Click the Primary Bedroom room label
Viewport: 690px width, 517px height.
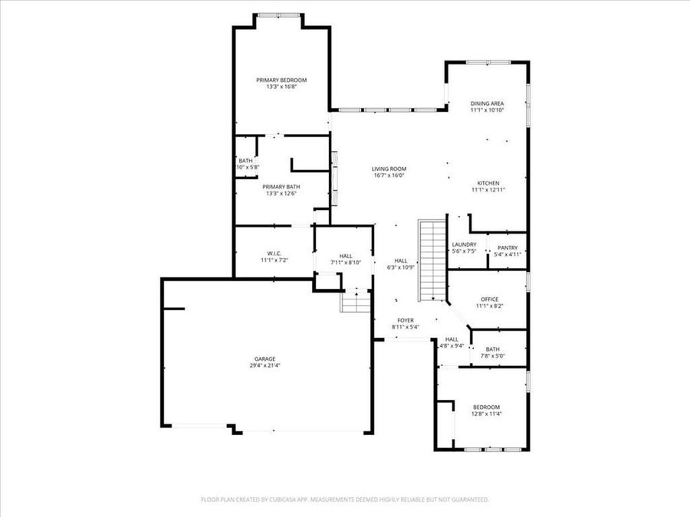281,80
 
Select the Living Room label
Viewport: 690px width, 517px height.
389,169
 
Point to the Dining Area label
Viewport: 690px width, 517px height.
487,103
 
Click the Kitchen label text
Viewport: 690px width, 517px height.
488,184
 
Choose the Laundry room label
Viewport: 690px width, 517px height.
464,245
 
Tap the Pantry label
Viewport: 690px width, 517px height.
508,247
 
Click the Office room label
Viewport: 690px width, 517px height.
488,299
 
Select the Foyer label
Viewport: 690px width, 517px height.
405,320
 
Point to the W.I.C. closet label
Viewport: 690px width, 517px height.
274,254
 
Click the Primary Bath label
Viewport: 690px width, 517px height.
281,187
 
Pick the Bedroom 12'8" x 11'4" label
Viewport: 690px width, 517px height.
486,407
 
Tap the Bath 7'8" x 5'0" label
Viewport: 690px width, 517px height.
491,349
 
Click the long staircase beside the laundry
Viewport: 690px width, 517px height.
431,260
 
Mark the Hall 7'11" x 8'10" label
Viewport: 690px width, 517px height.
346,257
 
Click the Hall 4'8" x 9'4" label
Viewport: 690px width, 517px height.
452,339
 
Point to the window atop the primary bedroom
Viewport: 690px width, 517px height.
279,15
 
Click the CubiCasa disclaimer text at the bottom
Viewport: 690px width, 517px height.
344,499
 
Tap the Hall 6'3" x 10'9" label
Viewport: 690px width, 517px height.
401,261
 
